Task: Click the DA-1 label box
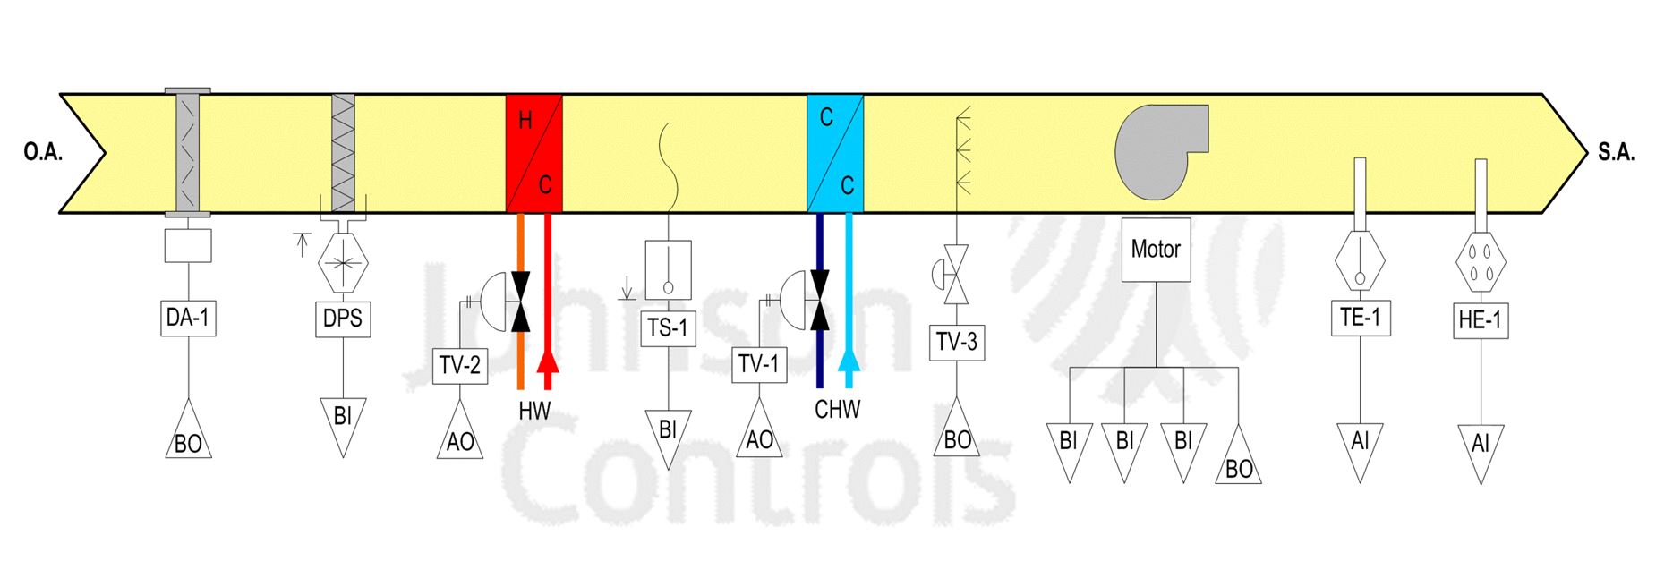pyautogui.click(x=188, y=318)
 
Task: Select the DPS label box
pyautogui.click(x=342, y=319)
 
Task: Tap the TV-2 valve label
pyautogui.click(x=460, y=365)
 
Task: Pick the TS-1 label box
pyautogui.click(x=667, y=328)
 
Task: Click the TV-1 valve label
pyautogui.click(x=759, y=365)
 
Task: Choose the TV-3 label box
pyautogui.click(x=957, y=342)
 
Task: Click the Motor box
pyautogui.click(x=1156, y=250)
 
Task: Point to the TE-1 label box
pyautogui.click(x=1360, y=318)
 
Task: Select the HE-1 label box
pyautogui.click(x=1480, y=319)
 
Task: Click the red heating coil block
pyautogui.click(x=534, y=153)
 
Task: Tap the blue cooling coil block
pyautogui.click(x=835, y=153)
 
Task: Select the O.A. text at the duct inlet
pyautogui.click(x=43, y=153)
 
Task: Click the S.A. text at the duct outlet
pyautogui.click(x=1616, y=153)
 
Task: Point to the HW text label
pyautogui.click(x=534, y=411)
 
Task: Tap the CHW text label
pyautogui.click(x=837, y=410)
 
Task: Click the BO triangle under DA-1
pyautogui.click(x=188, y=438)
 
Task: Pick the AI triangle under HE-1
pyautogui.click(x=1481, y=447)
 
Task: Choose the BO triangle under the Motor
pyautogui.click(x=1239, y=462)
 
